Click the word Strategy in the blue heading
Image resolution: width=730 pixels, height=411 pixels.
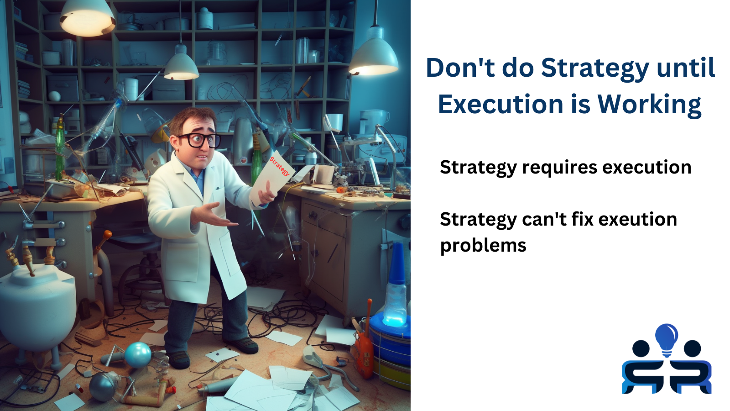(595, 68)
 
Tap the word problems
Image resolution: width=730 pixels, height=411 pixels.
(483, 246)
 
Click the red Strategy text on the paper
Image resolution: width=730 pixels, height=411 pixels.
(279, 166)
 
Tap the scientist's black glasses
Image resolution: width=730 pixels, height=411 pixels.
(199, 140)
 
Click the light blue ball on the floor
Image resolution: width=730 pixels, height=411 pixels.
(138, 354)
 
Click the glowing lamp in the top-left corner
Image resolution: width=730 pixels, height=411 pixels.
(87, 18)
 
